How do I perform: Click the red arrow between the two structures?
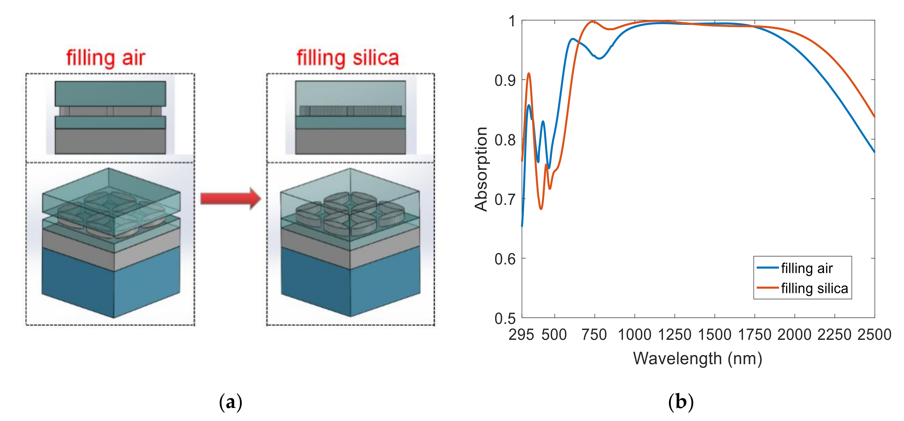pos(231,199)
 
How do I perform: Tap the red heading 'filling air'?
pos(106,58)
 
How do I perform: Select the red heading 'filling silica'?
pos(348,58)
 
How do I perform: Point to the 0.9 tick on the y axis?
pos(505,80)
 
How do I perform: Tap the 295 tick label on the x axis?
pos(521,335)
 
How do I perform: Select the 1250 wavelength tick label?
pos(674,335)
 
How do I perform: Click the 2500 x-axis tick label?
pos(874,335)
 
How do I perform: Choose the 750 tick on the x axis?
pos(594,335)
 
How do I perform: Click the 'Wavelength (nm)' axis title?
pos(698,358)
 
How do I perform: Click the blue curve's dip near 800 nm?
pos(599,58)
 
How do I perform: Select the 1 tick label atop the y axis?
pos(512,21)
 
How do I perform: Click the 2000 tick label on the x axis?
pos(795,335)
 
